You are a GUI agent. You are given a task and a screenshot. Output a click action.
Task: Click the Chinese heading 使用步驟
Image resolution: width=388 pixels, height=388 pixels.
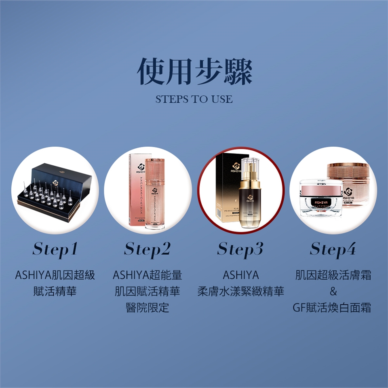pyautogui.click(x=194, y=72)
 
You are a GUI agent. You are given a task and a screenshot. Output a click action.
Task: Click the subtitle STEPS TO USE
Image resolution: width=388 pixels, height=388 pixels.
pyautogui.click(x=194, y=99)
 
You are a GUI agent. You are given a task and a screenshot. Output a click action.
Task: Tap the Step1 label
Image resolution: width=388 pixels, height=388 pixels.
pyautogui.click(x=55, y=250)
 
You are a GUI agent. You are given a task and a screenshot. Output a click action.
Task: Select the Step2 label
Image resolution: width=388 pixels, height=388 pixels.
pyautogui.click(x=148, y=250)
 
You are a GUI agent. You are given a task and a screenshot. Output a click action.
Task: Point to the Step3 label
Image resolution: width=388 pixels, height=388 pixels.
pyautogui.click(x=240, y=250)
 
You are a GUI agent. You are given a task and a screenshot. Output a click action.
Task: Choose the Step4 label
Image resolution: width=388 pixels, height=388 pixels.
pyautogui.click(x=333, y=250)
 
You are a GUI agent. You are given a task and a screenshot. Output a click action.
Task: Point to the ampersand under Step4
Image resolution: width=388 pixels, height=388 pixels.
pyautogui.click(x=333, y=291)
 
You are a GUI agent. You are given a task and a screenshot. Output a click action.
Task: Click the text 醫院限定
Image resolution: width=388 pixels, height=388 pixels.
pyautogui.click(x=148, y=308)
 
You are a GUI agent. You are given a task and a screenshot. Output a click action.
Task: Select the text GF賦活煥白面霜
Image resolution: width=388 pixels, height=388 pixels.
pyautogui.click(x=333, y=308)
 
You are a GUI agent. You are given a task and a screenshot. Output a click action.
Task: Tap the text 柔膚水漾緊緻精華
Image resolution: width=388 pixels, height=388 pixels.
pyautogui.click(x=240, y=291)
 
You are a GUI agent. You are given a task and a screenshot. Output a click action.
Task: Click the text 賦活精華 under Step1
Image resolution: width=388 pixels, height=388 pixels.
pyautogui.click(x=55, y=291)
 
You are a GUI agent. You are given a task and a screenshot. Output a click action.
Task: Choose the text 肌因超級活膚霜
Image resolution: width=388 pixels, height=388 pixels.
pyautogui.click(x=333, y=276)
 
